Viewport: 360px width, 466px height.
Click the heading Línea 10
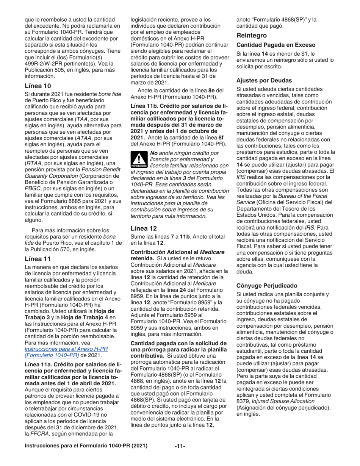point(38,86)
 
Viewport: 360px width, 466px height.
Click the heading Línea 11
point(38,259)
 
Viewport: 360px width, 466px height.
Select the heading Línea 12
point(144,228)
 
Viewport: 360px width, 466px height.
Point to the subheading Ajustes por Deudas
point(264,80)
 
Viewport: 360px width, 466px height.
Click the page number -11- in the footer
point(180,446)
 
